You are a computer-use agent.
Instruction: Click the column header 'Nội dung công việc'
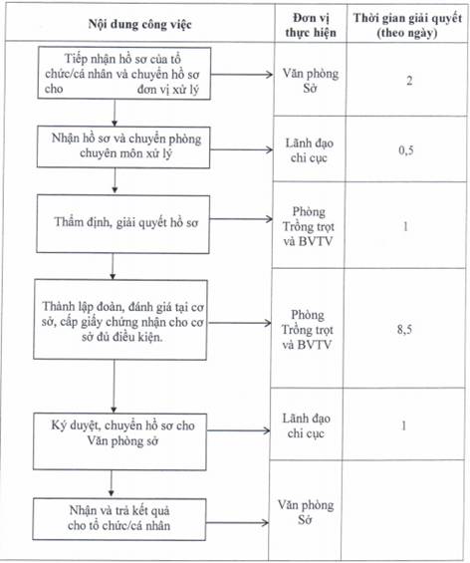(140, 25)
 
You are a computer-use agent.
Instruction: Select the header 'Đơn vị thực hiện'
(311, 25)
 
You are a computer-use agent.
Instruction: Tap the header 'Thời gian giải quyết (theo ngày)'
(407, 25)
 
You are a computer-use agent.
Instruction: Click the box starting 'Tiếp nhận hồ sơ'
(124, 74)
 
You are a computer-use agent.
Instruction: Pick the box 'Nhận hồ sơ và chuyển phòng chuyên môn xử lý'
(123, 146)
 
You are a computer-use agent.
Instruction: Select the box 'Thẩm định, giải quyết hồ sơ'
(122, 224)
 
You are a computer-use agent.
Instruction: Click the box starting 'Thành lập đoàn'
(120, 320)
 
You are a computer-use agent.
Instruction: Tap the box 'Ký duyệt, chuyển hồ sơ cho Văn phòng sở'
(119, 441)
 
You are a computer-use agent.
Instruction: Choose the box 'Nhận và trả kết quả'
(119, 519)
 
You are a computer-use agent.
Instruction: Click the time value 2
(409, 81)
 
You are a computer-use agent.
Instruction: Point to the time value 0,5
(406, 150)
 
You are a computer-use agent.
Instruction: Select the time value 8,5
(404, 329)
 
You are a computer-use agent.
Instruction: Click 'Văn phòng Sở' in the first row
(311, 81)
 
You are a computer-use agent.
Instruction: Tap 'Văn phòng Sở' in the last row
(306, 512)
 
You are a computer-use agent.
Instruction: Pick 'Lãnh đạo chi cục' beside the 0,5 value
(310, 150)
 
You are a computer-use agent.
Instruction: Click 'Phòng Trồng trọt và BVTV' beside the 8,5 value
(307, 330)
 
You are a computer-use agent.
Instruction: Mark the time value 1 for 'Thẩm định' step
(405, 226)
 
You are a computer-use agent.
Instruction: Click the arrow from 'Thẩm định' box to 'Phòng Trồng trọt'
(241, 219)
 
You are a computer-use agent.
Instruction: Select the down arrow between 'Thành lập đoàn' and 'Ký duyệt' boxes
(115, 386)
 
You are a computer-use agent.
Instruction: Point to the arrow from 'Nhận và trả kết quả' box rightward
(237, 523)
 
